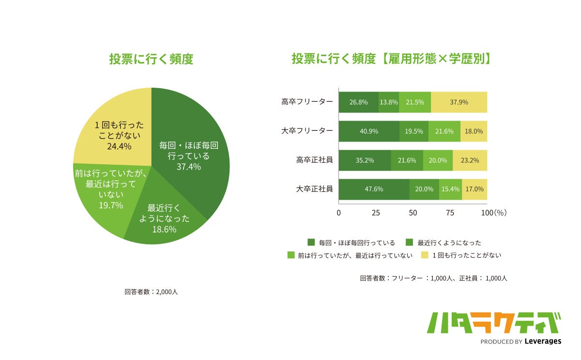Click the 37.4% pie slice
point(191,155)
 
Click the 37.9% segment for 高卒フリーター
point(459,102)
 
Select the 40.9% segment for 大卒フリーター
point(369,131)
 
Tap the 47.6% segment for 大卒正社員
point(374,189)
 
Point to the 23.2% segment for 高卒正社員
point(470,160)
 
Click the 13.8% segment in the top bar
point(389,102)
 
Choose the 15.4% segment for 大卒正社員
point(450,189)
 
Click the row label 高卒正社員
point(314,159)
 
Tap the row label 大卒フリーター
point(307,131)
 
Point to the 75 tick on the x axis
point(450,213)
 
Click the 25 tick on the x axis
point(375,213)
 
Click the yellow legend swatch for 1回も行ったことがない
point(425,255)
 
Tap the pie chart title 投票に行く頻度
point(151,60)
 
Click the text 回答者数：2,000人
point(151,292)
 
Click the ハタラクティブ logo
point(494,323)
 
